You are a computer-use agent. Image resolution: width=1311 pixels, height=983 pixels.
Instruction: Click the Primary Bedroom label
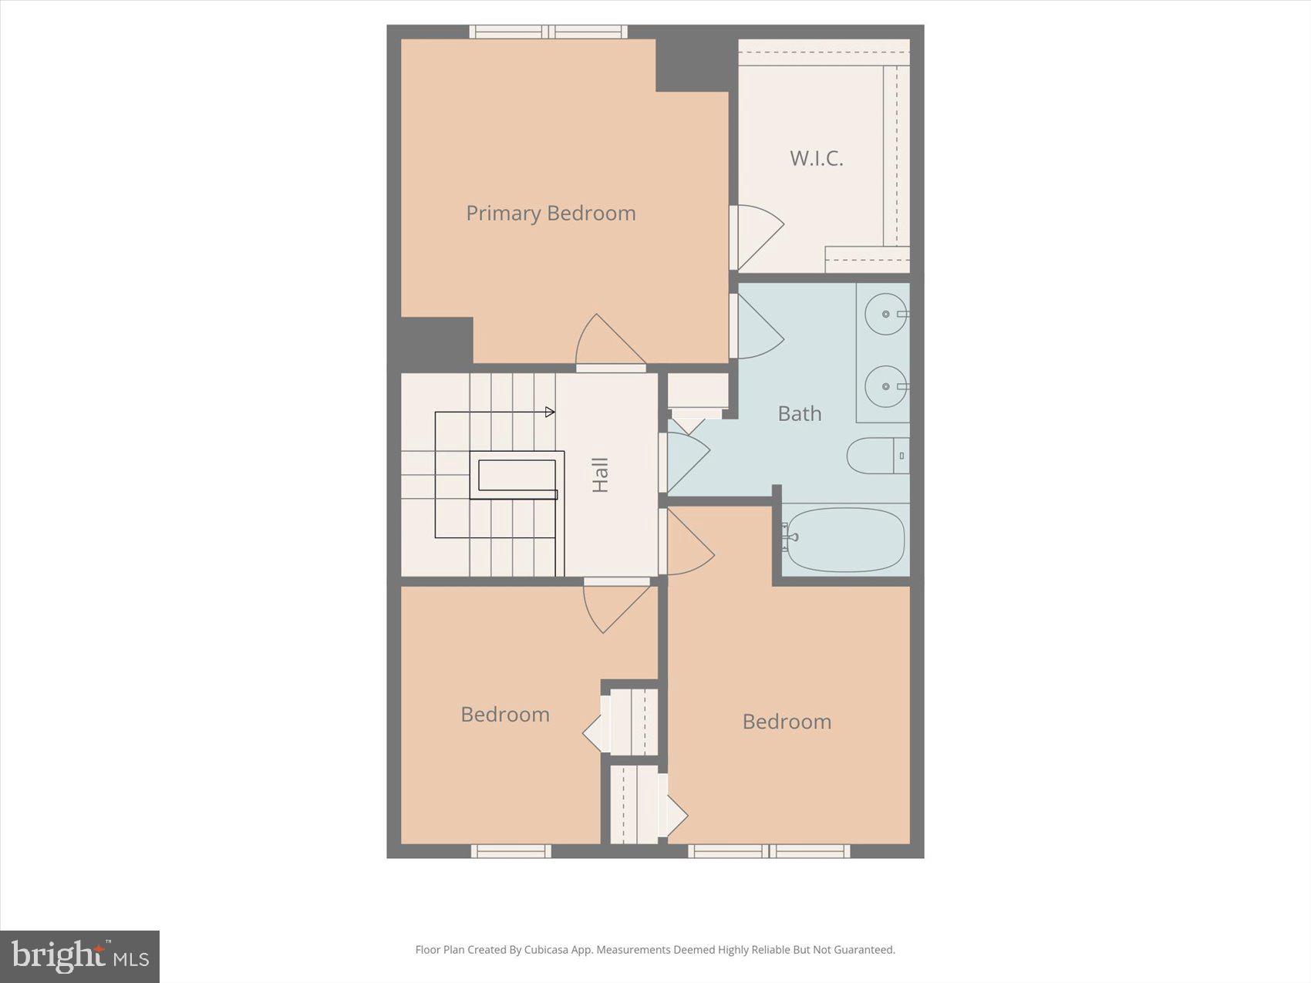[551, 213]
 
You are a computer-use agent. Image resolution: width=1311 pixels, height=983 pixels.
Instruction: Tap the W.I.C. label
[816, 159]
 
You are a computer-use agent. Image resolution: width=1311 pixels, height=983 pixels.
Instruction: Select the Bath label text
[799, 414]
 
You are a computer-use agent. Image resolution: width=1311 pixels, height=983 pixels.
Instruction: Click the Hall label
[600, 475]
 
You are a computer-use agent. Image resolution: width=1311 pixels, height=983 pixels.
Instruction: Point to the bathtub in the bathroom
[844, 540]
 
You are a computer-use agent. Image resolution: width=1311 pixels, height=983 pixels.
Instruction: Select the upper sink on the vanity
[885, 314]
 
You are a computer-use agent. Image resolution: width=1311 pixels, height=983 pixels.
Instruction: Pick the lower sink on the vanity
[885, 386]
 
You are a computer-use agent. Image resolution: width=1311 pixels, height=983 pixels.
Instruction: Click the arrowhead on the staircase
[550, 412]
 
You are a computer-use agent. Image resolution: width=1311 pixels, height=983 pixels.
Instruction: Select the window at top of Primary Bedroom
[548, 32]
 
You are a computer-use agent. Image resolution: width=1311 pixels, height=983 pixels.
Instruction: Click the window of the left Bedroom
[511, 851]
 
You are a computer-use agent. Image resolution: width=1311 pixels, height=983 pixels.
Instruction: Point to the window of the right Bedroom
[769, 851]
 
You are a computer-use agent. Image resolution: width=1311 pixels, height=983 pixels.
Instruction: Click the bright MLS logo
[79, 957]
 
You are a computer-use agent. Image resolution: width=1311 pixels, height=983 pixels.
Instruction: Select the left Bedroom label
[505, 715]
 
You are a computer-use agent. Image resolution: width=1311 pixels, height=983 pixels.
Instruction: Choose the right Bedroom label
[787, 722]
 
